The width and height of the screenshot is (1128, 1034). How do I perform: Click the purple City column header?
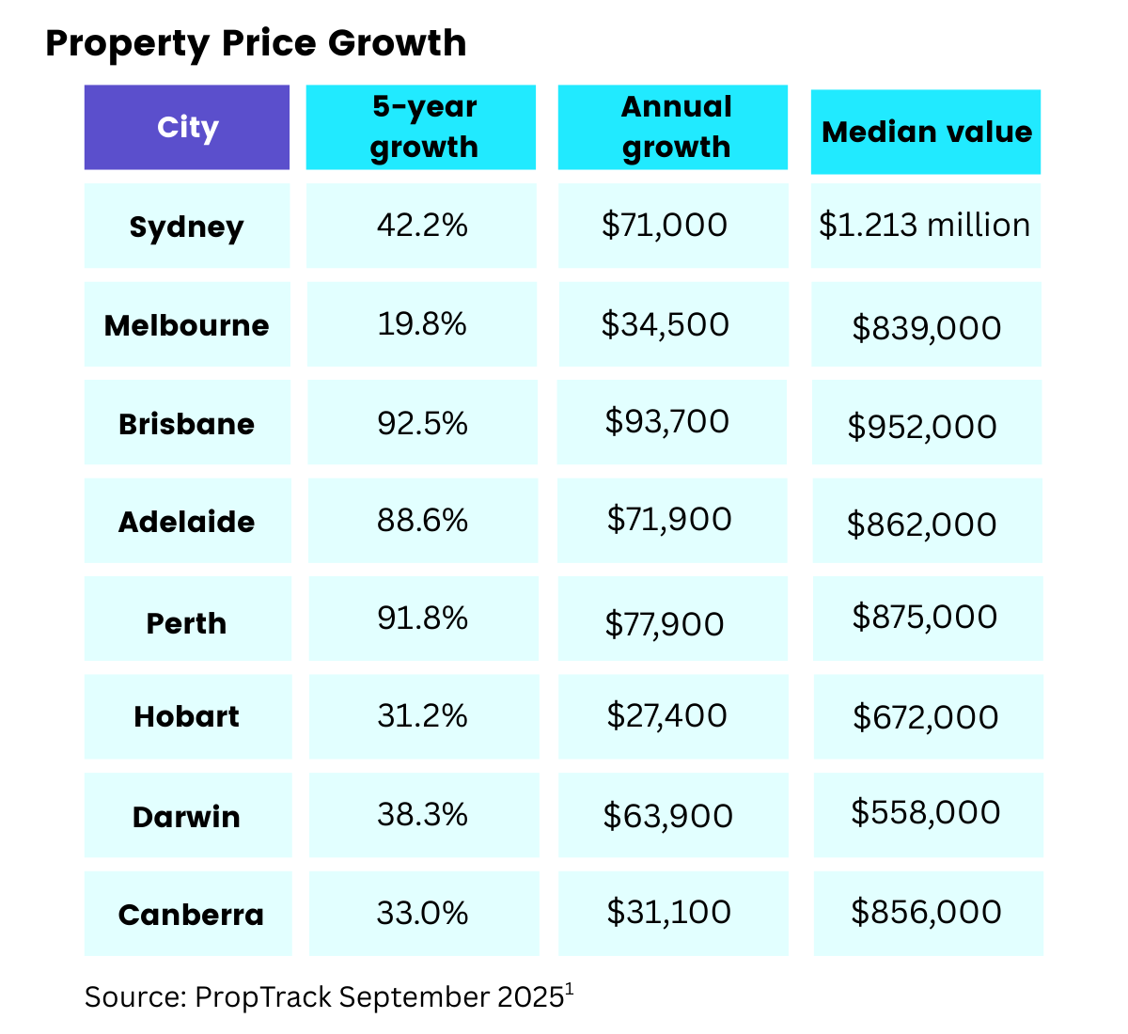187,127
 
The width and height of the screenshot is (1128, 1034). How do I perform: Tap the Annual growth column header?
674,127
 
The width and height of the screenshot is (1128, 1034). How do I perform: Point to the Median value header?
926,132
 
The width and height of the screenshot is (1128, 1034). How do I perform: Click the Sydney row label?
187,227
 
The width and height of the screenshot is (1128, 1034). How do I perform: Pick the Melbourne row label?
187,325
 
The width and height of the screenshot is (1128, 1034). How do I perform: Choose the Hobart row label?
187,716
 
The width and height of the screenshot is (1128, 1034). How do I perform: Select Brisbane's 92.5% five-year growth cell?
422,423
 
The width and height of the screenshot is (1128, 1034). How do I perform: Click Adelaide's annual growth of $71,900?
668,519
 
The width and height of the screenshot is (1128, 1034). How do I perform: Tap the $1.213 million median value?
924,226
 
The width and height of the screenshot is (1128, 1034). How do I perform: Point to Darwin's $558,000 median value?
925,812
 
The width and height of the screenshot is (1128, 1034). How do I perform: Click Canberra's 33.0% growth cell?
422,913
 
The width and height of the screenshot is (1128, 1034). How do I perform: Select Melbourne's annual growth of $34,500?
665,324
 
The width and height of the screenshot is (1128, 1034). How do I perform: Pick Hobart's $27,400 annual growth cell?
666,715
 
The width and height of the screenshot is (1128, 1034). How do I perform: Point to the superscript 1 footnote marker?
570,988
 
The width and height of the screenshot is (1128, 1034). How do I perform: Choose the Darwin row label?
187,816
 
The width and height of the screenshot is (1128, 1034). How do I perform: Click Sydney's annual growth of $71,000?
664,226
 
